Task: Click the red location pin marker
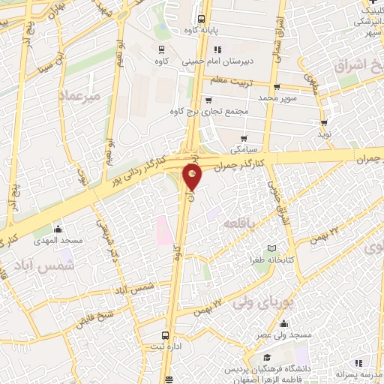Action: click(x=192, y=177)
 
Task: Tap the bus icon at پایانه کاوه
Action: click(x=201, y=20)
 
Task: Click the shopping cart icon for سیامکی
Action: click(x=244, y=138)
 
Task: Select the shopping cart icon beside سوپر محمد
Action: click(x=276, y=87)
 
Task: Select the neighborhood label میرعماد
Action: click(x=77, y=95)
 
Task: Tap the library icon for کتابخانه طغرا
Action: click(x=271, y=248)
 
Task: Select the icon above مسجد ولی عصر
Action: click(x=283, y=325)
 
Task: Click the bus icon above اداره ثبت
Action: click(x=165, y=335)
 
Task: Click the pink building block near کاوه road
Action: click(x=161, y=230)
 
